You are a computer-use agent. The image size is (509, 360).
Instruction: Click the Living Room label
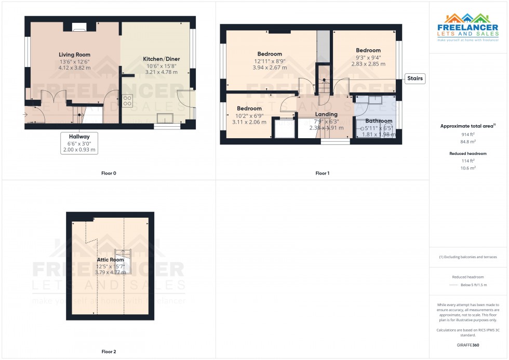pyautogui.click(x=74, y=55)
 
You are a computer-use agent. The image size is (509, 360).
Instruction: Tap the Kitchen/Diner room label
pyautogui.click(x=160, y=59)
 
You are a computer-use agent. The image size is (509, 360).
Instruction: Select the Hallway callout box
pyautogui.click(x=79, y=142)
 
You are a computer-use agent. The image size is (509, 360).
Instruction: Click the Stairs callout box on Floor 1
pyautogui.click(x=415, y=79)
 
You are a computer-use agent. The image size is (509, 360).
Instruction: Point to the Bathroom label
pyautogui.click(x=378, y=121)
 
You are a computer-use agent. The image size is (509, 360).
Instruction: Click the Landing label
pyautogui.click(x=326, y=114)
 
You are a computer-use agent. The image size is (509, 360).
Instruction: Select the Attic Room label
pyautogui.click(x=111, y=259)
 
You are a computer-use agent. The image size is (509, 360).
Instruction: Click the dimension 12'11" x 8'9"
pyautogui.click(x=270, y=61)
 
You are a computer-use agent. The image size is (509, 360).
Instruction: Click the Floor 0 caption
pyautogui.click(x=109, y=173)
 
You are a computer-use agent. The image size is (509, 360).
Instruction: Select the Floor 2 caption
pyautogui.click(x=109, y=352)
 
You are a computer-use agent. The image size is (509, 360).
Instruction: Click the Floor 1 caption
pyautogui.click(x=323, y=173)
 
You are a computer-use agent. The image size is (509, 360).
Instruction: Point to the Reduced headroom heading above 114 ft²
pyautogui.click(x=468, y=154)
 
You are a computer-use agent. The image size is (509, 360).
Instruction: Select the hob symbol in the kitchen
pyautogui.click(x=127, y=100)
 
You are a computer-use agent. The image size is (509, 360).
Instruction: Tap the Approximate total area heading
pyautogui.click(x=467, y=126)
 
